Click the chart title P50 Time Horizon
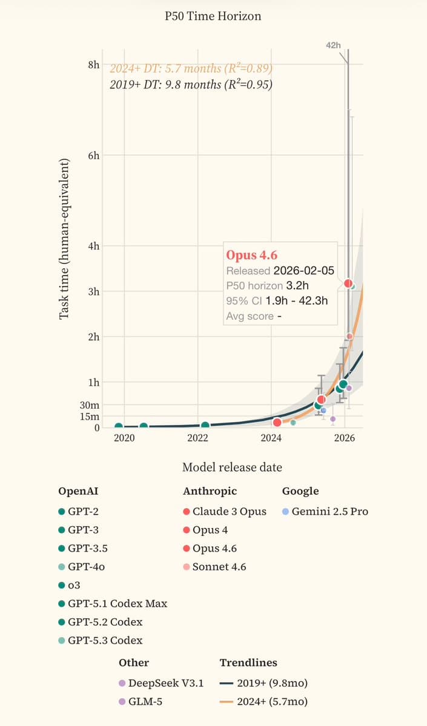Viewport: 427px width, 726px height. pos(213,16)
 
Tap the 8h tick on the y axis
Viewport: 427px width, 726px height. pos(93,64)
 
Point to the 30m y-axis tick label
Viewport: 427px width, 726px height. pos(90,405)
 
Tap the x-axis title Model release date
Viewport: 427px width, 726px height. pos(232,467)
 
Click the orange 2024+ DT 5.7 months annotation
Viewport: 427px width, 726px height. pos(190,68)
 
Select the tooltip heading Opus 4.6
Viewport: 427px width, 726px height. pos(252,256)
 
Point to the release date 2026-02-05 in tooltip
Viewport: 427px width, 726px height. pos(303,271)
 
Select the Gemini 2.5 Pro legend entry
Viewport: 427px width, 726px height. pos(329,512)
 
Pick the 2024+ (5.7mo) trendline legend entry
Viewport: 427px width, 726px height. pos(270,702)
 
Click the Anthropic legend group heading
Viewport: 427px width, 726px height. pos(210,491)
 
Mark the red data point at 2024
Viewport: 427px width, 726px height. pos(277,422)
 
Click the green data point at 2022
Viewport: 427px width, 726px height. pos(205,426)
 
